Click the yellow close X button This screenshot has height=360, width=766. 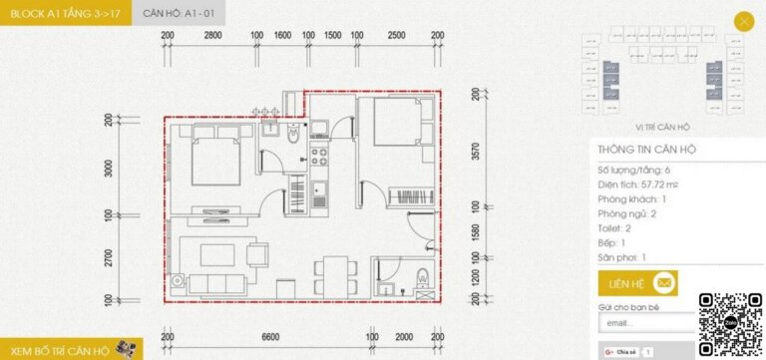(743, 20)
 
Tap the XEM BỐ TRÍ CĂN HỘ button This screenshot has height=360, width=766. (70, 348)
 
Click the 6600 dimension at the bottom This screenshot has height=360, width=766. (269, 337)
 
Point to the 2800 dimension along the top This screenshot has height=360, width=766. (212, 35)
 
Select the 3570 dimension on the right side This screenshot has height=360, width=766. (477, 151)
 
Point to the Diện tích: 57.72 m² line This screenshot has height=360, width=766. (636, 184)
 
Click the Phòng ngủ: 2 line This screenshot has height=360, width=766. (626, 213)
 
